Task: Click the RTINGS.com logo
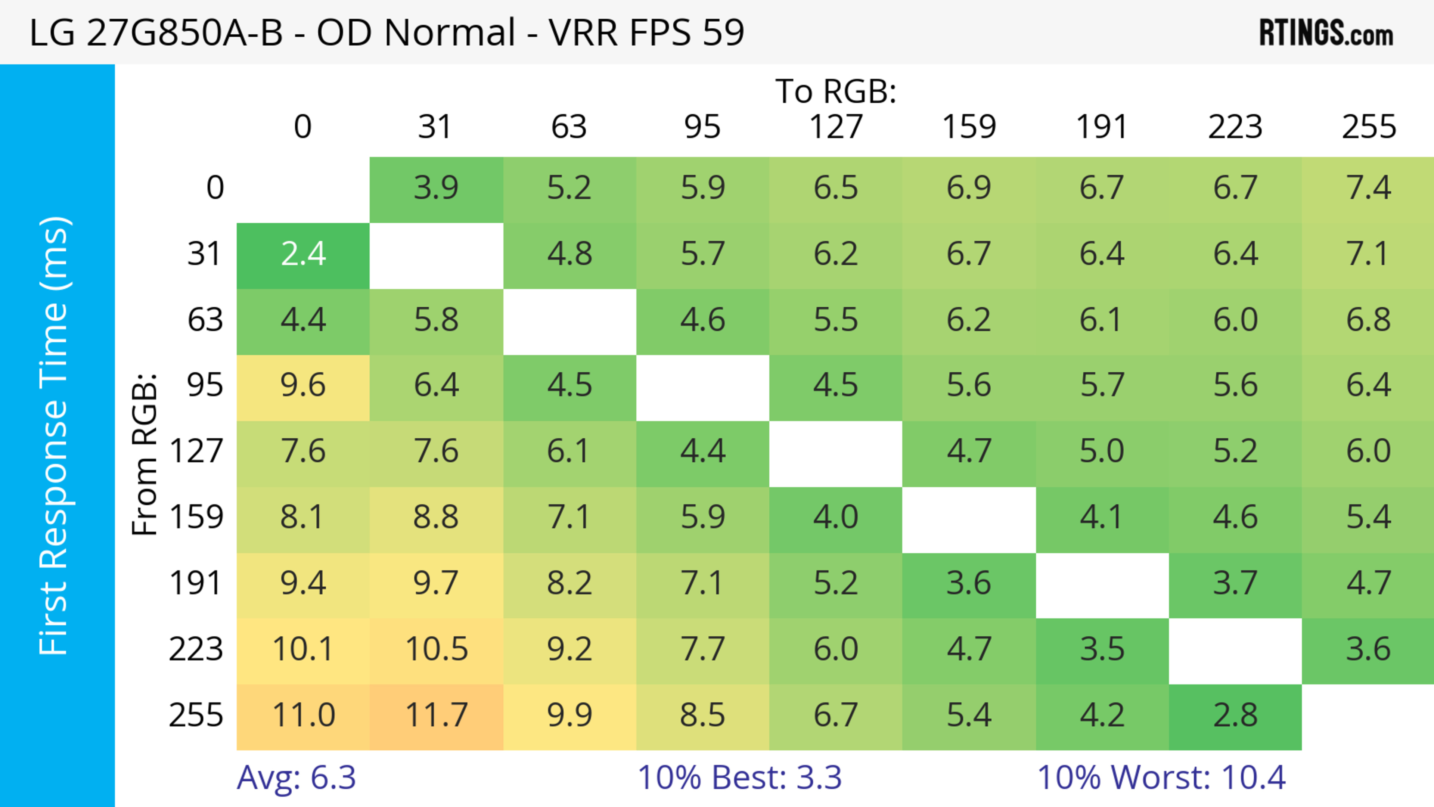point(1326,32)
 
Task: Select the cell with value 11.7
point(437,716)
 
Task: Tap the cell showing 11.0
point(303,716)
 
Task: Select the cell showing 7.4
point(1368,188)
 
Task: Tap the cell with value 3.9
point(437,188)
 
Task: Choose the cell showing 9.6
point(303,386)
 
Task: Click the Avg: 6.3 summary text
point(296,777)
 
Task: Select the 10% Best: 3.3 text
point(739,777)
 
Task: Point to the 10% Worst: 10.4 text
point(1161,777)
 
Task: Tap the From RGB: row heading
point(145,454)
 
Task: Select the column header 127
point(836,127)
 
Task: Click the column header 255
point(1368,127)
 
